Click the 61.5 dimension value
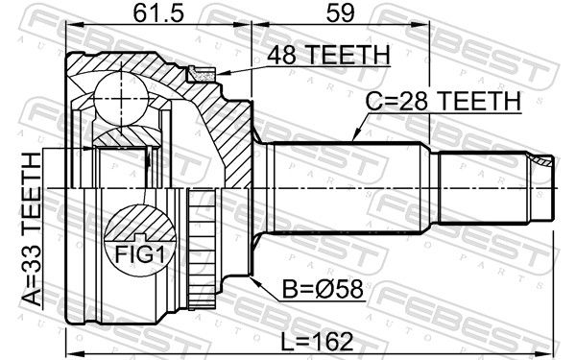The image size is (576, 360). click(x=158, y=13)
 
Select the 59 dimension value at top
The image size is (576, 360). click(x=340, y=13)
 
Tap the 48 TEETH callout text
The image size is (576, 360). click(x=328, y=55)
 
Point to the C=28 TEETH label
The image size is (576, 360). click(x=444, y=101)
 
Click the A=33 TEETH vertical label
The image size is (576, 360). click(x=31, y=229)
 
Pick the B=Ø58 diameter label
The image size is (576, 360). click(x=323, y=289)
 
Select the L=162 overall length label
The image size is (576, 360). click(x=317, y=341)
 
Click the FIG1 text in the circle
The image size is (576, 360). click(x=140, y=253)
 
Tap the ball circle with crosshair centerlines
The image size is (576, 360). click(x=121, y=99)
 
